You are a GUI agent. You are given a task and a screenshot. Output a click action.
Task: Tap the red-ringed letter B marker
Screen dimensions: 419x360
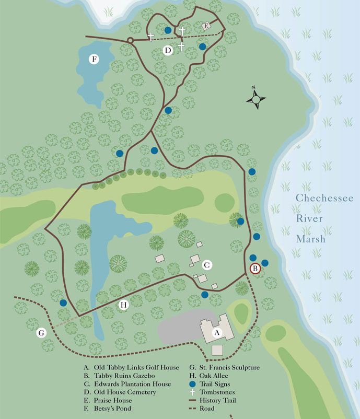[255, 269]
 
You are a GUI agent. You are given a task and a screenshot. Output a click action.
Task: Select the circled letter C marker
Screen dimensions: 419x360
[207, 265]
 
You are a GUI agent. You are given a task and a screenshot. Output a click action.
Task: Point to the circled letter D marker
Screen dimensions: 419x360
[167, 51]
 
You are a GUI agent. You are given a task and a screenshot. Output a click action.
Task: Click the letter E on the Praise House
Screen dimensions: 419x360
[206, 26]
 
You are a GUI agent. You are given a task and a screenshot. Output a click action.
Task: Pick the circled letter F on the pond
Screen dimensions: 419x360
[94, 59]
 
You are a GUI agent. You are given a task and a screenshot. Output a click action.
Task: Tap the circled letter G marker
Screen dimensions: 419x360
[41, 332]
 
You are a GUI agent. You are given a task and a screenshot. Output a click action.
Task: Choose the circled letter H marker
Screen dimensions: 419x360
[124, 305]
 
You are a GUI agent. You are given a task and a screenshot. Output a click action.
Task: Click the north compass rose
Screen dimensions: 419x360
[256, 98]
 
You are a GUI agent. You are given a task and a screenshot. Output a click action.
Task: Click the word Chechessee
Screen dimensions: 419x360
[324, 199]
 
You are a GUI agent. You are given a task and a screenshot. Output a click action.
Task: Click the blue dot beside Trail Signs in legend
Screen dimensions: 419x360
[193, 384]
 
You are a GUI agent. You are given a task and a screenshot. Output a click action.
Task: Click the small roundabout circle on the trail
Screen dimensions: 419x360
[130, 40]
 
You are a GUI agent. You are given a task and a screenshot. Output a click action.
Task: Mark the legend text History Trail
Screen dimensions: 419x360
[221, 400]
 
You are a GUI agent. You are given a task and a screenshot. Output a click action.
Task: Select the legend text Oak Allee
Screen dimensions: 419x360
[213, 376]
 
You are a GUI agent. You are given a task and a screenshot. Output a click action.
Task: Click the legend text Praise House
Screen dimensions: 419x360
[114, 400]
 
